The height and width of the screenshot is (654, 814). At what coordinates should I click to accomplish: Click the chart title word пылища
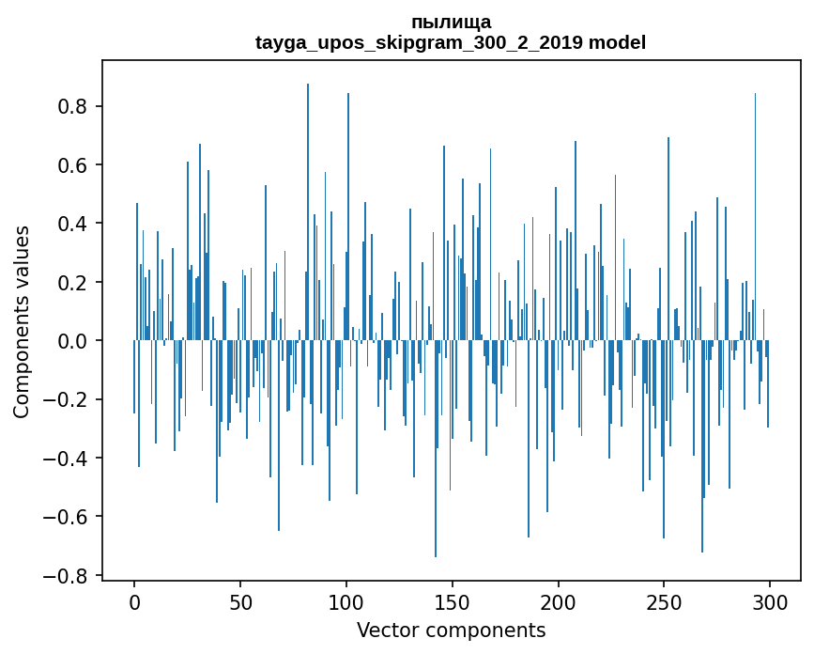[x=451, y=22]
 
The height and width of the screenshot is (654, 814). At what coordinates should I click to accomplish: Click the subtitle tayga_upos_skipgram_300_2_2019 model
[x=451, y=42]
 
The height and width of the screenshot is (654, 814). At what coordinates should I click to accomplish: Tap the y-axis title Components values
[x=22, y=321]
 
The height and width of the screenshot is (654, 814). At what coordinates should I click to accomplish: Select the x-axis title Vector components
[x=451, y=630]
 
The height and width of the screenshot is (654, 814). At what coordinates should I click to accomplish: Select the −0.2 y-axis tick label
[x=69, y=399]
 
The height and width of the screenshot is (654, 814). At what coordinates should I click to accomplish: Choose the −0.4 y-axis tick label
[x=69, y=459]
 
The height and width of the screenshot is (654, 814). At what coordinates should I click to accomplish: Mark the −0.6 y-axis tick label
[x=69, y=517]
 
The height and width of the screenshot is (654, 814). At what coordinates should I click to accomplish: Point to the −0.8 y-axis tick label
[x=69, y=575]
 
